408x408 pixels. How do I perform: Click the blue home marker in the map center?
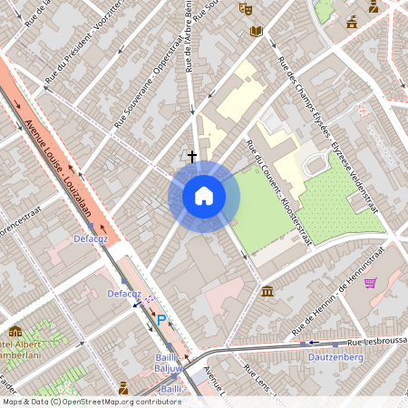click(204, 196)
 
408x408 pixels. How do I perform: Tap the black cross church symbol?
click(191, 157)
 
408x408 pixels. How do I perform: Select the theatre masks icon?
click(245, 8)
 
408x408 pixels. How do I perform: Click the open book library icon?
click(257, 31)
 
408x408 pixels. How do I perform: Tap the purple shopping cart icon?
click(370, 283)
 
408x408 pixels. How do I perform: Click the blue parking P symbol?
click(162, 320)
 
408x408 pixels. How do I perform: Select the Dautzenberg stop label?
click(337, 358)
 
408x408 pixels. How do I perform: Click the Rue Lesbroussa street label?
click(377, 344)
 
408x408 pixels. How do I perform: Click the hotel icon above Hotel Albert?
click(15, 332)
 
